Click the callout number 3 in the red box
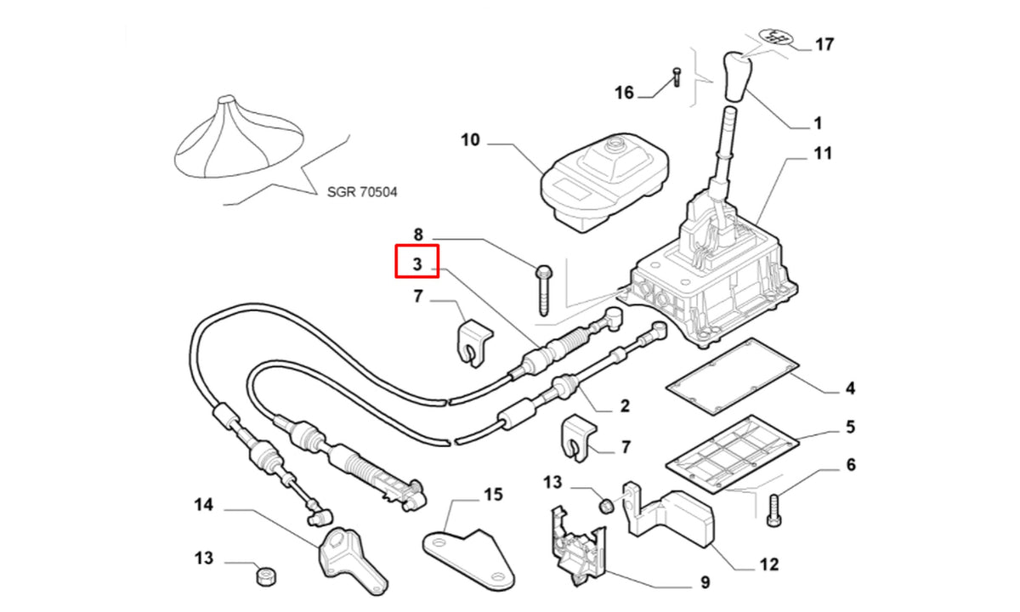(x=417, y=263)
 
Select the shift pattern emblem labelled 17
(x=776, y=37)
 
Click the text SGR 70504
(x=362, y=192)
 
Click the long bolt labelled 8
(x=543, y=290)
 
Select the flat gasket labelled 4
(x=732, y=376)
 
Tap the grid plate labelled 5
(x=732, y=454)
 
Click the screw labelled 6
(x=773, y=511)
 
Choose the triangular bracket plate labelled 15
(x=469, y=559)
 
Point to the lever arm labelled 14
(x=353, y=560)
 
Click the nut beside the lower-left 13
(x=266, y=576)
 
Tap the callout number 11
(x=823, y=154)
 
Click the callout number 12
(x=769, y=564)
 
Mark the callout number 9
(x=705, y=582)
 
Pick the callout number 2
(x=625, y=405)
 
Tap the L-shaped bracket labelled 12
(x=670, y=514)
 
